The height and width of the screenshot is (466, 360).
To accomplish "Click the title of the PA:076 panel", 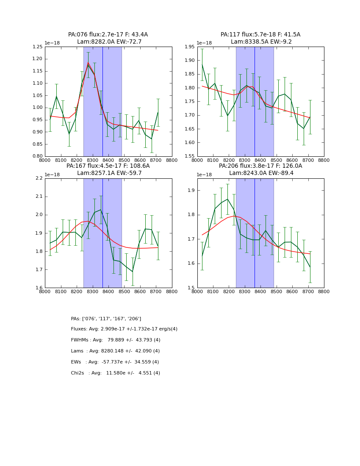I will click(108, 38).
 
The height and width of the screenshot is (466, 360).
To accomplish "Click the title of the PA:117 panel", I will click(260, 38).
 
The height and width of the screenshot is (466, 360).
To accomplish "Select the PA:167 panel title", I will click(108, 169).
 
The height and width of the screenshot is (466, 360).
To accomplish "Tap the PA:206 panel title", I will click(260, 169).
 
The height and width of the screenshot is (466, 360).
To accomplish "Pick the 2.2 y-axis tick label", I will click(39, 178).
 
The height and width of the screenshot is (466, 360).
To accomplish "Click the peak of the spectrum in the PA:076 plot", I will click(88, 63).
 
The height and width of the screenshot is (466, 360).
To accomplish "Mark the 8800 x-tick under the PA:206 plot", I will click(324, 291).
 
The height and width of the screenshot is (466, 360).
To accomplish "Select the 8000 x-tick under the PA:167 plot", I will click(45, 291).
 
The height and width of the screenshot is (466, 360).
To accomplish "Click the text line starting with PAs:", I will click(106, 319).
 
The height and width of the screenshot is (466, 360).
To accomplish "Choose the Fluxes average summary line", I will click(124, 329).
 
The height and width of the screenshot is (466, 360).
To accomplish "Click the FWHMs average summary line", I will click(116, 340).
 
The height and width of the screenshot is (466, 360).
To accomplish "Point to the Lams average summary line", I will click(115, 351).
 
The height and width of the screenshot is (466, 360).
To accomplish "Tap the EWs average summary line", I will click(115, 362).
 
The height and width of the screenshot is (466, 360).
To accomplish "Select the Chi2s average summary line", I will click(115, 373).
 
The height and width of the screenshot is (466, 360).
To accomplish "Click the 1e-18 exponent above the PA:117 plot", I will click(205, 43).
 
